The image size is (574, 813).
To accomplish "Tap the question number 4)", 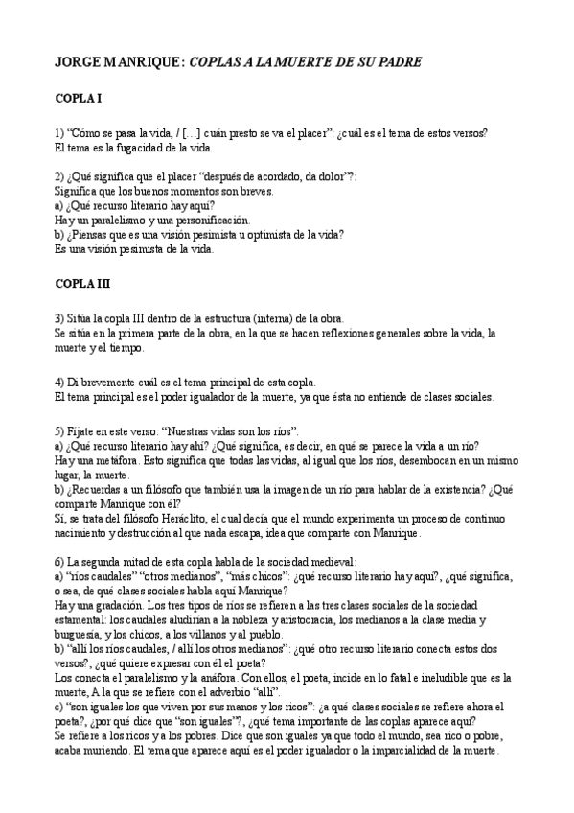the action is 59,383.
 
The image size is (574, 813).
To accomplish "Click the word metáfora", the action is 101,461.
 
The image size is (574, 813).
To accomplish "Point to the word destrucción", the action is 140,533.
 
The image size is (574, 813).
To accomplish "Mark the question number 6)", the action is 59,562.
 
